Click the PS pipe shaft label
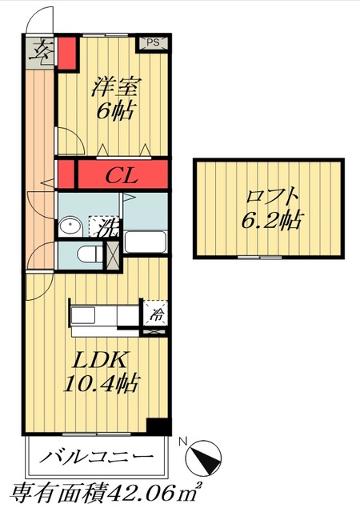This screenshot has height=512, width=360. point(153,43)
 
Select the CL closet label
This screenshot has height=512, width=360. point(122,174)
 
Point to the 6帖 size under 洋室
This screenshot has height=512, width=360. point(114,111)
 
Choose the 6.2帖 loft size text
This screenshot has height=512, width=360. point(272,219)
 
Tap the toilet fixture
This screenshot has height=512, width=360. point(90,256)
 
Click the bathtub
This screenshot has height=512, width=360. point(145,242)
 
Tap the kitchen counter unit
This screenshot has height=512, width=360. point(104,315)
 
